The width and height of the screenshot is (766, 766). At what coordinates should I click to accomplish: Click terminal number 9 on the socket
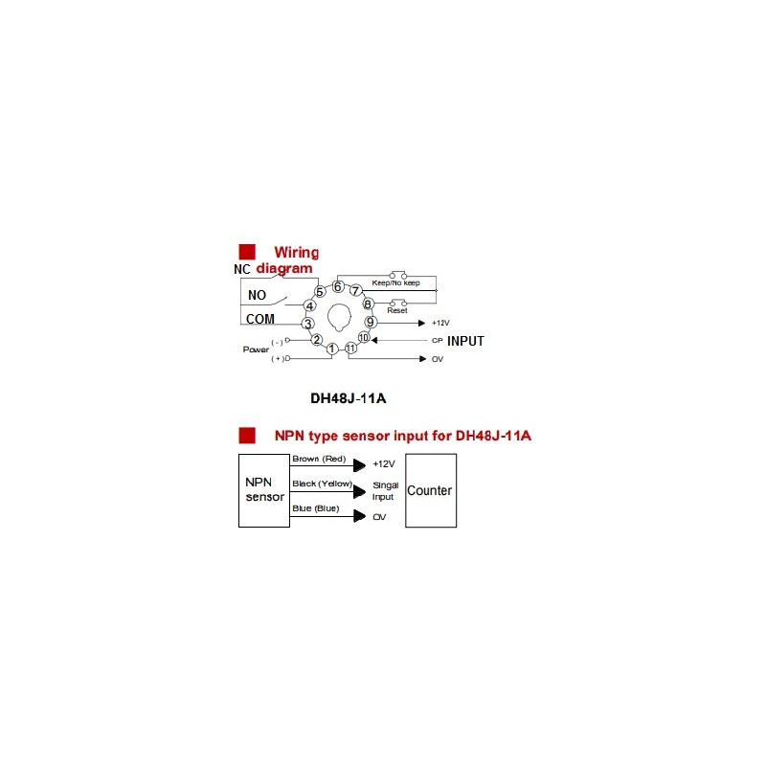[371, 322]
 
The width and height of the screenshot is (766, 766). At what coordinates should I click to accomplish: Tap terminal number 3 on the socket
[307, 324]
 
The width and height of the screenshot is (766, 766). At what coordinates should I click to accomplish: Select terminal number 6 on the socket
[338, 286]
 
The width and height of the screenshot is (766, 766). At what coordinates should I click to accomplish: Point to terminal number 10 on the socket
[364, 338]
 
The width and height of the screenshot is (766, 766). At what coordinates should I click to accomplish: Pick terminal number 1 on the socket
[332, 349]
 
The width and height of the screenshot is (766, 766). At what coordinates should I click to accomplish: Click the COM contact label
[259, 319]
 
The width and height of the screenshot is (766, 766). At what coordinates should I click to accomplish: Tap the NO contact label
[257, 295]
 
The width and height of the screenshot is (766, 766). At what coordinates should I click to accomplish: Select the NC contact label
[242, 269]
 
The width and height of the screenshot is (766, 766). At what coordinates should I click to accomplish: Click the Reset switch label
[397, 310]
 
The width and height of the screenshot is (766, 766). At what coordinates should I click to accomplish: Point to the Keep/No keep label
[395, 282]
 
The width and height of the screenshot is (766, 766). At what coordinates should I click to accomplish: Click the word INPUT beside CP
[465, 341]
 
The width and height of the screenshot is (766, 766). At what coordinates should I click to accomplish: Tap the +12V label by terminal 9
[440, 323]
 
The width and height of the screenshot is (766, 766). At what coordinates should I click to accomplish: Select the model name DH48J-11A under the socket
[349, 398]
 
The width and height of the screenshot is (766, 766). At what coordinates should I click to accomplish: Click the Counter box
[431, 490]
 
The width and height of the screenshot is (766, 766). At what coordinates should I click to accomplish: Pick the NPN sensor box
[264, 490]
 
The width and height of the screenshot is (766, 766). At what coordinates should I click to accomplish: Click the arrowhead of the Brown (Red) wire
[360, 465]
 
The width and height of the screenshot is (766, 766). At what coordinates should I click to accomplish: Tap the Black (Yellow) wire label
[323, 484]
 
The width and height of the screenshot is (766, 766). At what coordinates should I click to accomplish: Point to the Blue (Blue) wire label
[316, 508]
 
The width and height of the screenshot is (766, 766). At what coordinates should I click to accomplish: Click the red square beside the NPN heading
[247, 436]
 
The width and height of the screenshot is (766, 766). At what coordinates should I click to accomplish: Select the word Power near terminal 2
[256, 349]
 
